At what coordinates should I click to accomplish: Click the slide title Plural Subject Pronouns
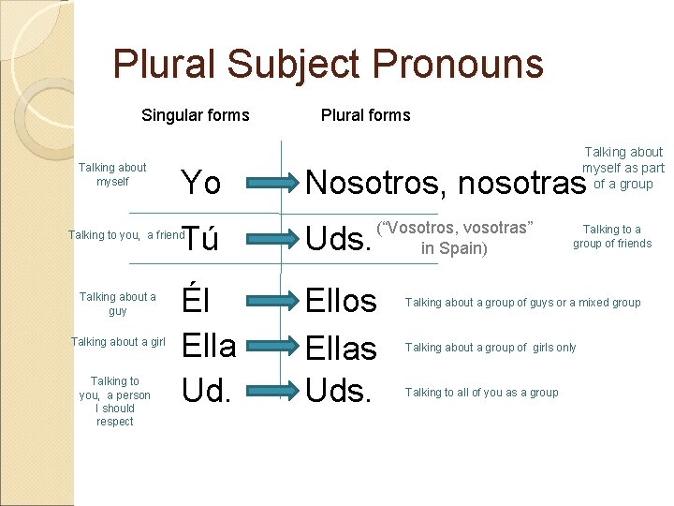pos(328,65)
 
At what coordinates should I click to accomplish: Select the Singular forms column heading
pos(195,115)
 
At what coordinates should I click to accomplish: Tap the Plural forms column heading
pos(365,115)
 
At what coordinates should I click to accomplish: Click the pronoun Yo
pos(200,183)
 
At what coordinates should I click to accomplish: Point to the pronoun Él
pos(196,301)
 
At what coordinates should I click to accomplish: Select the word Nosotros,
pos(378,183)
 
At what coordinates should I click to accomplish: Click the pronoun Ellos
pos(341,301)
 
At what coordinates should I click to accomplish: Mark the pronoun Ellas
pos(341,348)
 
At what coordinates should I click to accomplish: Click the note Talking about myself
pos(112,174)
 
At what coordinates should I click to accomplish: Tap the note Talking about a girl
pos(118,342)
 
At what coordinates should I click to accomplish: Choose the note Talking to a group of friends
pos(612,236)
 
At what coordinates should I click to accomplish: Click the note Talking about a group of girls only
pos(491,348)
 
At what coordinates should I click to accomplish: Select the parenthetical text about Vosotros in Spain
pos(455,238)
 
